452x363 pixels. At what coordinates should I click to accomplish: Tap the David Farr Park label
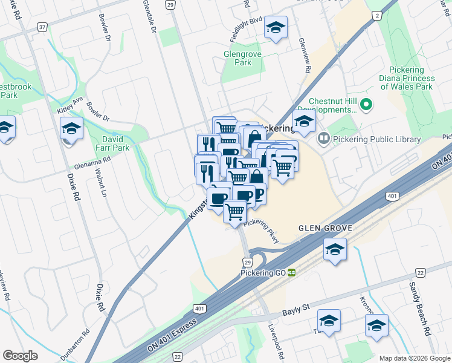(112, 143)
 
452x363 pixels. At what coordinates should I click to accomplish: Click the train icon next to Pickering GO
(291, 273)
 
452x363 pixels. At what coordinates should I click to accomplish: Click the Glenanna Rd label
(91, 162)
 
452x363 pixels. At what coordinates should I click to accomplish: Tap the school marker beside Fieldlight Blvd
(276, 28)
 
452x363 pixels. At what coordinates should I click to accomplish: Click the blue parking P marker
(259, 194)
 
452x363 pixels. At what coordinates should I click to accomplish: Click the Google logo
(20, 356)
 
